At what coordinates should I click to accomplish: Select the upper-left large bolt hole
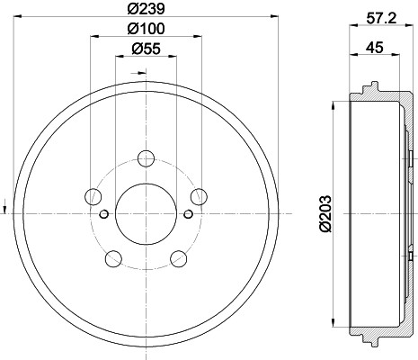click(x=92, y=196)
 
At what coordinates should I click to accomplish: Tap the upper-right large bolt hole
click(x=199, y=196)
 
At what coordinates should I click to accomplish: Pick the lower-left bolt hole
click(x=112, y=259)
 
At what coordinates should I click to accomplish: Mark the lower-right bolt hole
click(x=178, y=259)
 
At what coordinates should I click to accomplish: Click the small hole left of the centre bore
click(x=104, y=213)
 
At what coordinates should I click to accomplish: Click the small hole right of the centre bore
click(x=187, y=213)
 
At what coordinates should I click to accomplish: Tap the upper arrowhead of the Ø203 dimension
click(x=334, y=100)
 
